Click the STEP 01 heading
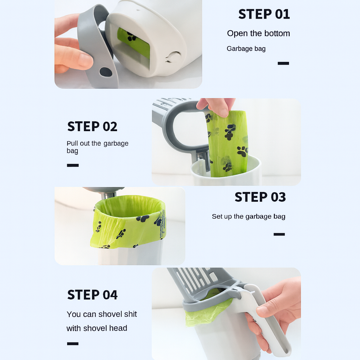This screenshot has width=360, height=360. click(264, 14)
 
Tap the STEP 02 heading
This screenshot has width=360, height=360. click(92, 127)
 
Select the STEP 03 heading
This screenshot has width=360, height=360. click(260, 197)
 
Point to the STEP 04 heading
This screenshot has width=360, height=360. click(92, 295)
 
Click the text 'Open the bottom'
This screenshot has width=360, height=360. click(258, 33)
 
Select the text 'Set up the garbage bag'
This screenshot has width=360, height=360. click(249, 217)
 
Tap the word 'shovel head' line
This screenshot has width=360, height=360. click(97, 328)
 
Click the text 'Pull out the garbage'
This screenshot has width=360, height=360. click(97, 143)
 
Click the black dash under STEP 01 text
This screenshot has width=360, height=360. click(283, 63)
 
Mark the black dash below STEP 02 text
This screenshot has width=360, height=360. click(73, 165)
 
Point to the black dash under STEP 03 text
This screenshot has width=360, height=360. click(279, 234)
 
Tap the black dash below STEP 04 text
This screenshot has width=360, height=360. click(73, 343)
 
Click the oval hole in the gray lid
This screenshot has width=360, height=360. click(106, 72)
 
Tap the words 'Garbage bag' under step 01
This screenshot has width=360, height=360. click(246, 49)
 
